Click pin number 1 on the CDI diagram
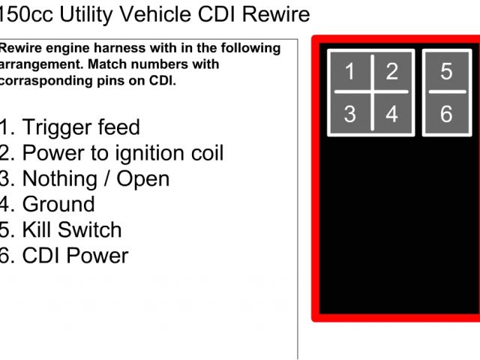(x=350, y=72)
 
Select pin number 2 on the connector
(x=392, y=72)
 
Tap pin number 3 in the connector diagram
(x=350, y=115)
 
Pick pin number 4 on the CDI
(x=392, y=115)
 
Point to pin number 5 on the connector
(x=446, y=72)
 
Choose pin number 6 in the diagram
(x=446, y=115)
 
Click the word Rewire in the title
(x=276, y=13)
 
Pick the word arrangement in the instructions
(x=34, y=64)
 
